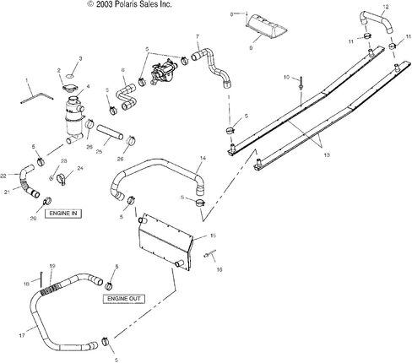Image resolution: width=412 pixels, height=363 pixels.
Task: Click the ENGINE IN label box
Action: [63, 214]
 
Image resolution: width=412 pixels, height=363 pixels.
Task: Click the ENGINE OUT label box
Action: [124, 299]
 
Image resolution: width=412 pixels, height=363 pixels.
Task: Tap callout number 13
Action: [327, 154]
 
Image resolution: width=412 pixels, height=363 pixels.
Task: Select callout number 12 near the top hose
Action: [386, 7]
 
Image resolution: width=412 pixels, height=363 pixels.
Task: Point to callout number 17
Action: [22, 335]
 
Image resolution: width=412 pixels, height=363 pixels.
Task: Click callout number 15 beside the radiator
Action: [213, 236]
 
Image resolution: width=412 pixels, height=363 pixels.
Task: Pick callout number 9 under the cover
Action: [251, 48]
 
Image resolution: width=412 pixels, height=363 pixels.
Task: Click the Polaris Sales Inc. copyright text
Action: [129, 4]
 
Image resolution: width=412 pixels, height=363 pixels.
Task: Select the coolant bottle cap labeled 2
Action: [68, 88]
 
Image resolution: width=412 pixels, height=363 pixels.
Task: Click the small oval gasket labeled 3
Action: [70, 76]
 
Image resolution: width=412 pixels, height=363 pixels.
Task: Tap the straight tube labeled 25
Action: [110, 133]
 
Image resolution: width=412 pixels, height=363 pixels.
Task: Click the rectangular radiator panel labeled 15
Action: [165, 242]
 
